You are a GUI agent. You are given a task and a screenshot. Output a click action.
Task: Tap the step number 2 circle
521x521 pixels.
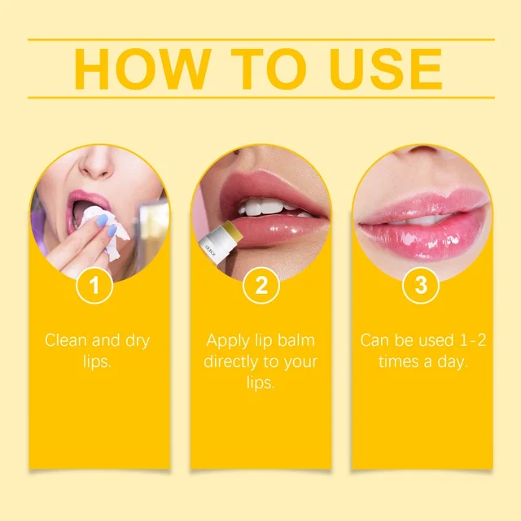261,286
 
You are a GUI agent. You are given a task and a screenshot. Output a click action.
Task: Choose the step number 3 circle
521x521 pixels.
421,286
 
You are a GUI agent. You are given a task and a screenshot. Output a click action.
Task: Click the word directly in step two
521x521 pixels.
241,361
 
